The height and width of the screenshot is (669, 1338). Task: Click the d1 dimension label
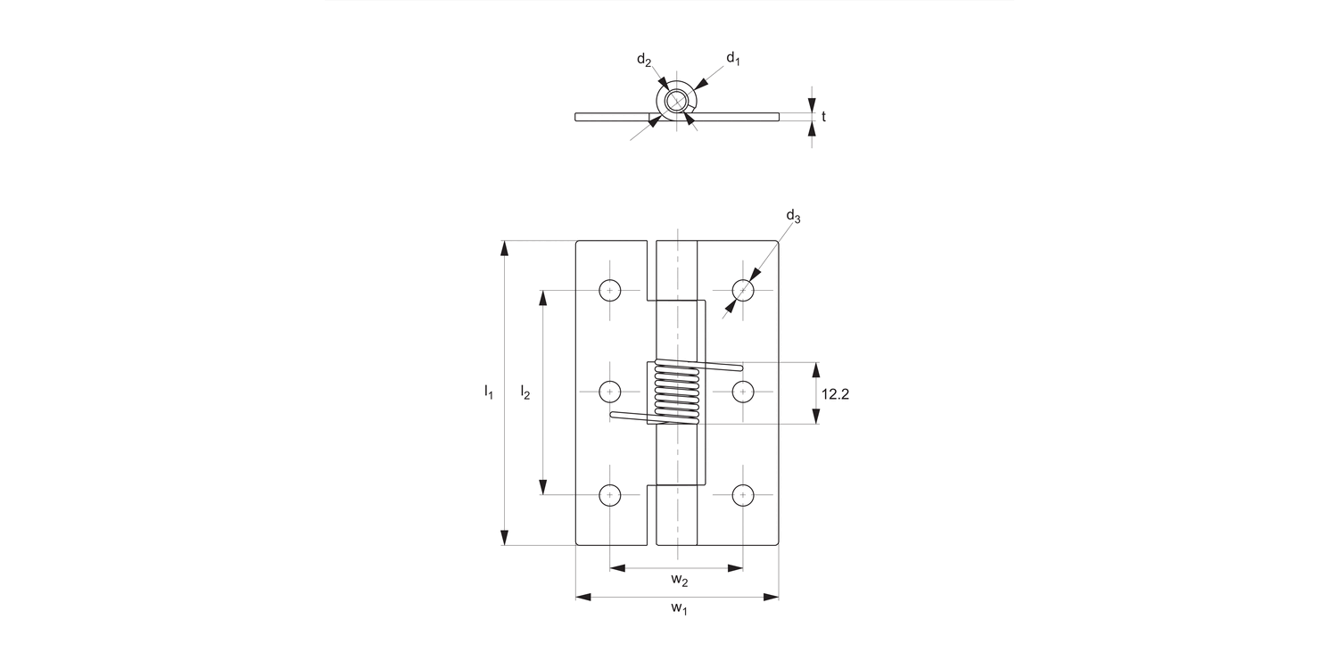tap(733, 59)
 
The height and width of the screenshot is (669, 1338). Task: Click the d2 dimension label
tap(643, 60)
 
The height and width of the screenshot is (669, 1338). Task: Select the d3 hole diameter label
tap(792, 216)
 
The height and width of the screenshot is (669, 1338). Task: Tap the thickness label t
tap(823, 116)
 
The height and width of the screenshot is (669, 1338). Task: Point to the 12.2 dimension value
tap(834, 392)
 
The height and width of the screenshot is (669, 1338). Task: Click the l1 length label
tap(488, 391)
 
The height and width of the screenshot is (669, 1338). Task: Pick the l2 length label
tap(525, 391)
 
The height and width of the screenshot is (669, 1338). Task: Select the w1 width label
tap(679, 609)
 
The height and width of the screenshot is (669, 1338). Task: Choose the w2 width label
tap(679, 581)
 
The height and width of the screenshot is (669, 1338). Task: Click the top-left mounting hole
tap(609, 290)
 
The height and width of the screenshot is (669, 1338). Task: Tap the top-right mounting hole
tap(742, 290)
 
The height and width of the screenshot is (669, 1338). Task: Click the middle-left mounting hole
tap(609, 391)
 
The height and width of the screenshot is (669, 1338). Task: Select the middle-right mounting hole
tap(742, 391)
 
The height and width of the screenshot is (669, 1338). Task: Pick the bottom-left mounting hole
tap(609, 494)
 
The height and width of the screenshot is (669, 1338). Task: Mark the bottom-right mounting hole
tap(742, 494)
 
